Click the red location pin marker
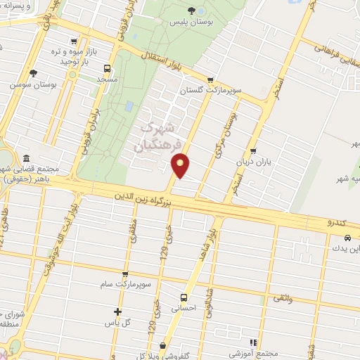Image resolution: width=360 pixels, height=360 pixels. pyautogui.click(x=181, y=165)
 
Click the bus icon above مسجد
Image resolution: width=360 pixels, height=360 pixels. pyautogui.click(x=107, y=68)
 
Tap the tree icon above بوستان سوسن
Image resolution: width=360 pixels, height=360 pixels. pyautogui.click(x=33, y=72)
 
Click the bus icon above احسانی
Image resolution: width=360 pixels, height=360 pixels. pyautogui.click(x=184, y=297)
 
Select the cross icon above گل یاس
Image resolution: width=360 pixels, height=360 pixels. pyautogui.click(x=118, y=311)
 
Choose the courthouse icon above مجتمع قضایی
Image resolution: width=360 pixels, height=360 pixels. pyautogui.click(x=27, y=158)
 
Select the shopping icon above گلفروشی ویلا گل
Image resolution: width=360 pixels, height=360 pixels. pyautogui.click(x=162, y=345)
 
